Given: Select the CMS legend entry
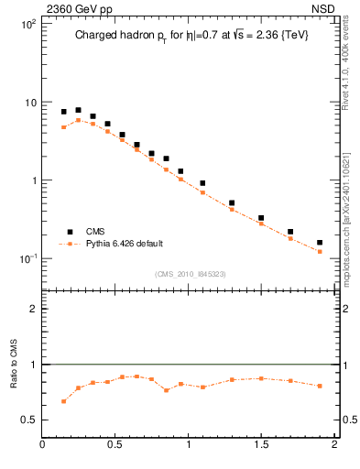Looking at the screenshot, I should click(95, 232).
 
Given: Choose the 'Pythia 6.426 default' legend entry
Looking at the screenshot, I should click(119, 245).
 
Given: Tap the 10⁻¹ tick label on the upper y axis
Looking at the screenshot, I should click(27, 258).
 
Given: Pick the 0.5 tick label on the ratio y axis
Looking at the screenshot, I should click(28, 420).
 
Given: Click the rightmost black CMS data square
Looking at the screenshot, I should click(320, 243).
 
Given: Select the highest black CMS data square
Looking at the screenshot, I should click(78, 110).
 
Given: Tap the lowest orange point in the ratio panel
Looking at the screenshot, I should click(63, 401).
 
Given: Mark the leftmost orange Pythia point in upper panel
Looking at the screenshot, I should click(63, 127).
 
